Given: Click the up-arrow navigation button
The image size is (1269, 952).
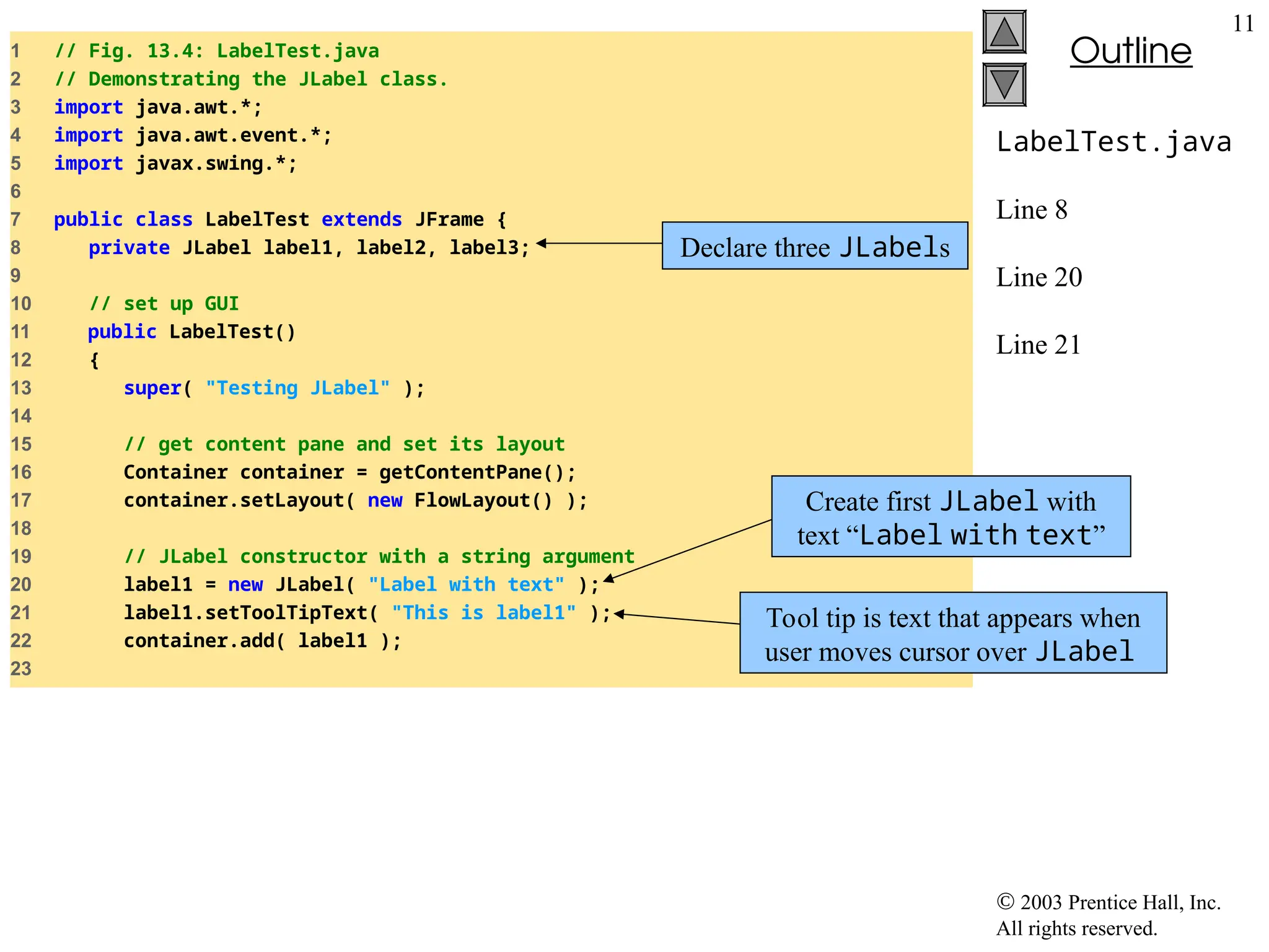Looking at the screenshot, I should tap(1004, 32).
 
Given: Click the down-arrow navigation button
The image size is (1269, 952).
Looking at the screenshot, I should tap(1004, 85).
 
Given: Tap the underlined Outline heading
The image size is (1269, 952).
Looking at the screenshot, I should tap(1130, 51).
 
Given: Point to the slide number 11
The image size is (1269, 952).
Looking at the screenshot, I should tap(1242, 24).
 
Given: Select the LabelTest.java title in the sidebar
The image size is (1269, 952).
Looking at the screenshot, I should tap(1113, 142).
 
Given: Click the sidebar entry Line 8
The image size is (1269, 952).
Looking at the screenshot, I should tap(1032, 210).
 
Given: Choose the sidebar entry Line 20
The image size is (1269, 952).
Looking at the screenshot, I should tap(1038, 277).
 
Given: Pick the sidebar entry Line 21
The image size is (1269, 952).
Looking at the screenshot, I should tap(1038, 345).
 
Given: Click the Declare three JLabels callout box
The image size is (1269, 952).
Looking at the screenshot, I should tap(814, 246).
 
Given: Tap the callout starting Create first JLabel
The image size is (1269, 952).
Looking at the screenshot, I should tap(951, 517).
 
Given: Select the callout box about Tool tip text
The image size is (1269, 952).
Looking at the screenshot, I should tap(952, 633).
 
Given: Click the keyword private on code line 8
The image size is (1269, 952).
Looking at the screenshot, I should tap(129, 248).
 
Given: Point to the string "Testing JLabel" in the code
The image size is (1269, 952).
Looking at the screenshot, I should tap(297, 388).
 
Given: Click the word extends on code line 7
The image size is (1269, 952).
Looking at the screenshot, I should tap(361, 219).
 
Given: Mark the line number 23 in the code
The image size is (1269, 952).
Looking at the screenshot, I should tap(21, 669).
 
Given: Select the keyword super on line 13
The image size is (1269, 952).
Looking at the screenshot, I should tap(152, 388).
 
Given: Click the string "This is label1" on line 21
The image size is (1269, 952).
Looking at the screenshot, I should tap(483, 613).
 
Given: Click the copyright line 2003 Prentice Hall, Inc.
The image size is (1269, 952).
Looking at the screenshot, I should tap(1108, 902).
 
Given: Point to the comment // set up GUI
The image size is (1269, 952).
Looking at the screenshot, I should tap(164, 304).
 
